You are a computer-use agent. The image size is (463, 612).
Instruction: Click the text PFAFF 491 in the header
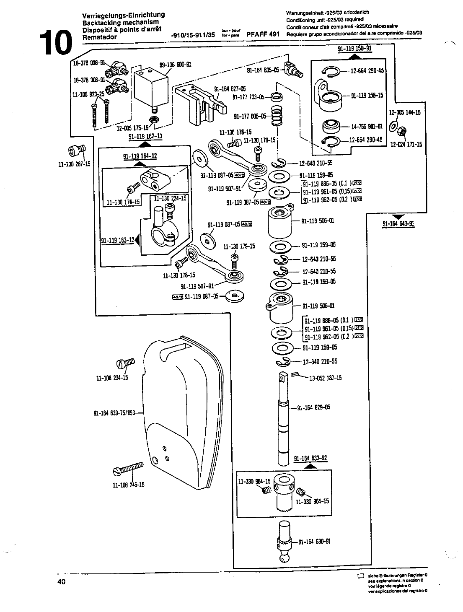263,35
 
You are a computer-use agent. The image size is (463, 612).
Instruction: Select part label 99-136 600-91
176,65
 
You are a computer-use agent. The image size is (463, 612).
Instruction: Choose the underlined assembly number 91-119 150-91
355,48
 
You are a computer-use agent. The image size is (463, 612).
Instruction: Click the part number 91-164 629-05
313,407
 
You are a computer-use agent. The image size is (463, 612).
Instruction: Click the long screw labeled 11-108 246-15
128,468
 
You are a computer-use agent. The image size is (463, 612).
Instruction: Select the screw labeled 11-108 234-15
126,362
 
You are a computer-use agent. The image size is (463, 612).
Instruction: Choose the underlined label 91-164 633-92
310,459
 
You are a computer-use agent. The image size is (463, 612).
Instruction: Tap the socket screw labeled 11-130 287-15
77,150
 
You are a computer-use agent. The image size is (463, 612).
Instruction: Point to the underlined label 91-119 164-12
140,156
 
